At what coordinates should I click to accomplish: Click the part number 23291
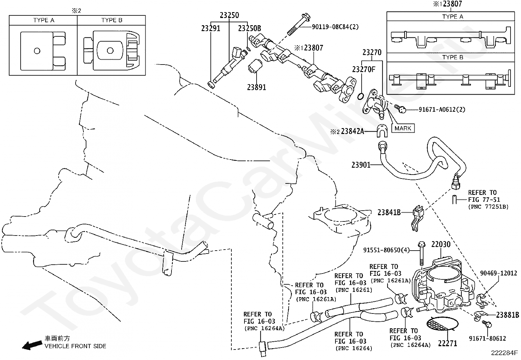(x=210, y=28)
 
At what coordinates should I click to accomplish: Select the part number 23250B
(x=249, y=28)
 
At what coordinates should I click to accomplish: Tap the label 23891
(x=256, y=87)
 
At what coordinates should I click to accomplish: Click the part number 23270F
(x=364, y=69)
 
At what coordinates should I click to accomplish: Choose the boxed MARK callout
(x=403, y=128)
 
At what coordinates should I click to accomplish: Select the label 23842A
(x=352, y=132)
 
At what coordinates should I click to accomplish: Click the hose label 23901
(x=361, y=165)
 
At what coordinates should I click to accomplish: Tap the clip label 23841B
(x=389, y=212)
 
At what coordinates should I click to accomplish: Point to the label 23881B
(x=507, y=315)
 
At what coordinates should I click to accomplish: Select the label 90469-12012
(x=498, y=273)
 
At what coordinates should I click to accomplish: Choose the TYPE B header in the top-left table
(x=112, y=20)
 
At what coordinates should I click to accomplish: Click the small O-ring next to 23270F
(x=360, y=96)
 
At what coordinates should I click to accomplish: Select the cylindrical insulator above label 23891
(x=254, y=67)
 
